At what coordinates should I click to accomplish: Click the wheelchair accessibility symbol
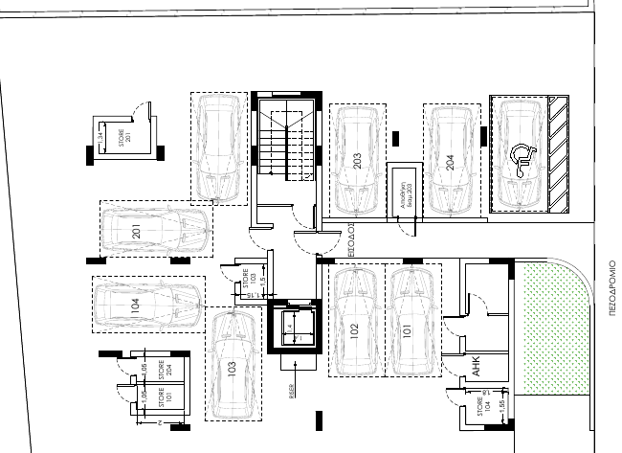[x=522, y=160]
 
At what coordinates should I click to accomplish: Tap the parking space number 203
[x=358, y=161]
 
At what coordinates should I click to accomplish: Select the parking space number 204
[x=451, y=161]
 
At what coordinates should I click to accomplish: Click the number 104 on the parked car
[x=135, y=306]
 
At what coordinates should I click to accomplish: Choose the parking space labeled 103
[x=233, y=368]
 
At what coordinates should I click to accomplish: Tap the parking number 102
[x=355, y=331]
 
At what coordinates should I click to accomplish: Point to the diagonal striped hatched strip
[x=558, y=153]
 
